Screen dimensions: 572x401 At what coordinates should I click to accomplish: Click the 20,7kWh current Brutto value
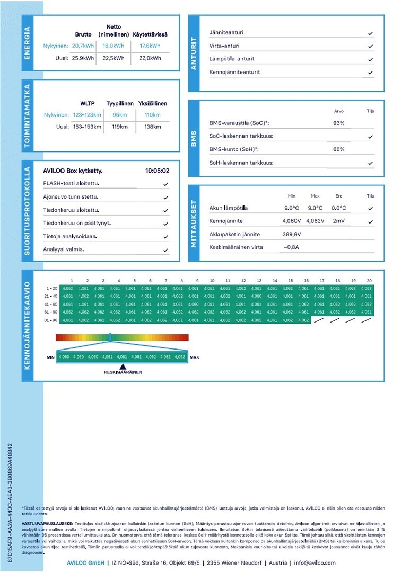83,46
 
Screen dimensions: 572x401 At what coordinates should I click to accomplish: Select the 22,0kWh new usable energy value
150,58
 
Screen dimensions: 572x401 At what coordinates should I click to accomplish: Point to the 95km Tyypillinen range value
120,115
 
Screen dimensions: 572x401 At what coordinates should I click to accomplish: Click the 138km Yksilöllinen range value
152,127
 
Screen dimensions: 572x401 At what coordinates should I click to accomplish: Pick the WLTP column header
87,103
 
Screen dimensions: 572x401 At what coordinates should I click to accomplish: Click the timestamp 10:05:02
157,171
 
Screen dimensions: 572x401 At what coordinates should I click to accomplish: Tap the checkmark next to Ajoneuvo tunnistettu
166,198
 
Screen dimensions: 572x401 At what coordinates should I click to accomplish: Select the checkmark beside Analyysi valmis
166,249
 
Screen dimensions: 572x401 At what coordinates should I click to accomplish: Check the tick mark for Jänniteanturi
370,33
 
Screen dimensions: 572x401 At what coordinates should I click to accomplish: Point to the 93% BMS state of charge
338,123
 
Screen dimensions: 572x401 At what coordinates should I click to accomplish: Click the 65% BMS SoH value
338,149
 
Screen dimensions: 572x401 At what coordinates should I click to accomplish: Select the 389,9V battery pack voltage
292,234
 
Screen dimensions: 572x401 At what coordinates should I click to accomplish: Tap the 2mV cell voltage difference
338,221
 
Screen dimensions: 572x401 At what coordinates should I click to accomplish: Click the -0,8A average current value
292,247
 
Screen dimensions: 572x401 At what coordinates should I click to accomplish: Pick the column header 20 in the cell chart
369,280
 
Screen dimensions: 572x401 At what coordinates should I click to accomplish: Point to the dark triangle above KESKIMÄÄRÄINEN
123,366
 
